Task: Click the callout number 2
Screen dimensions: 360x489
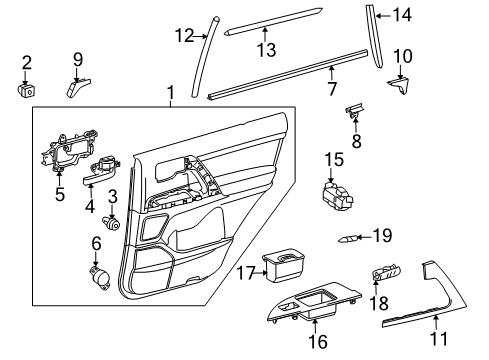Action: coord(27,62)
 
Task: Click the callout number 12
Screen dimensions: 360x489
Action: coord(182,36)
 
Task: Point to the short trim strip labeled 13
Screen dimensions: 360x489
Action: coord(267,29)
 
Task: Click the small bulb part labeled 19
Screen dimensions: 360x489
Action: coord(345,237)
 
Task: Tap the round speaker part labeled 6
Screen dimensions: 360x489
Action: coord(99,274)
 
